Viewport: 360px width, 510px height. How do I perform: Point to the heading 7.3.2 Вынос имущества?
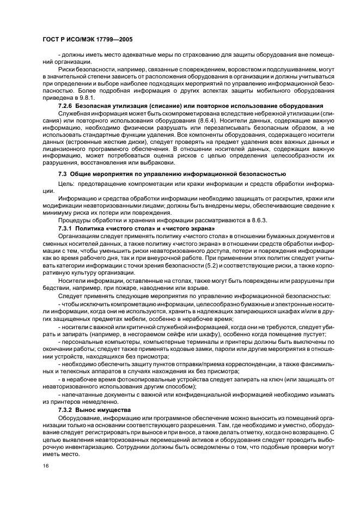click(x=94, y=410)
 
